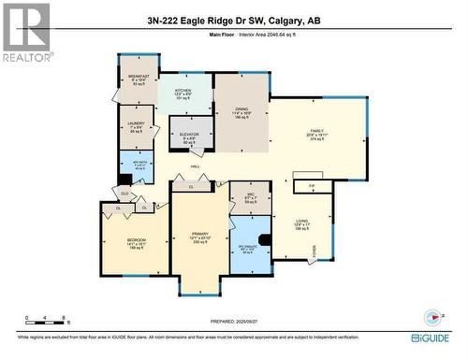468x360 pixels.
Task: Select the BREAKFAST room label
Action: click(139, 79)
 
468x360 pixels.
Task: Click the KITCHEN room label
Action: click(183, 93)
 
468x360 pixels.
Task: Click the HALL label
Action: click(196, 166)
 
